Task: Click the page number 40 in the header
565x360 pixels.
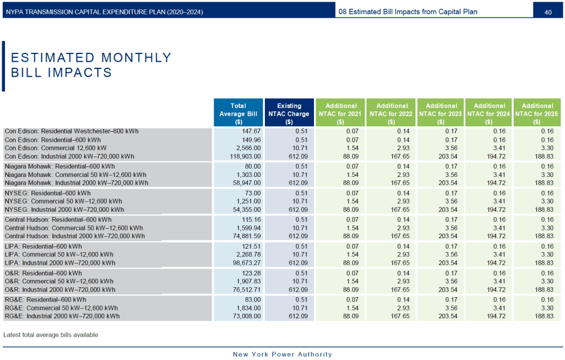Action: click(548, 12)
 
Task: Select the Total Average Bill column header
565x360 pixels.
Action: click(238, 114)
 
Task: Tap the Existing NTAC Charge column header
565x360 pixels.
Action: click(289, 114)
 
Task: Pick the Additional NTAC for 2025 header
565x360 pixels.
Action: click(537, 114)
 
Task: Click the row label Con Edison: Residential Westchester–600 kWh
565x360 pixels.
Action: click(72, 131)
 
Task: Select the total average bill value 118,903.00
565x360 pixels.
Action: click(246, 156)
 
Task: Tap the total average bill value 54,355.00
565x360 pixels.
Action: click(248, 209)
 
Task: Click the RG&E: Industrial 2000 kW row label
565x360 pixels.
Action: click(62, 316)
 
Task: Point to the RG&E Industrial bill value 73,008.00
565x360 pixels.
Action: click(248, 316)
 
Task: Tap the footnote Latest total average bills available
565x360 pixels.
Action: click(51, 335)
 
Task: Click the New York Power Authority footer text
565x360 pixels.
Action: click(282, 354)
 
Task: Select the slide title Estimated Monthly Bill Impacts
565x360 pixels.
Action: click(91, 65)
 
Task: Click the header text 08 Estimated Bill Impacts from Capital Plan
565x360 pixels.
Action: click(407, 12)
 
